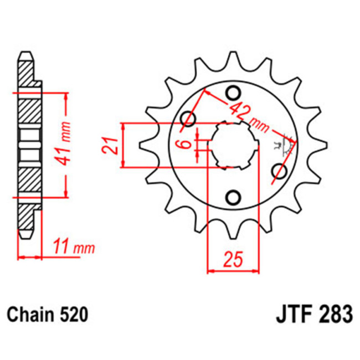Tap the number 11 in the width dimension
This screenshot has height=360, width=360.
[62, 246]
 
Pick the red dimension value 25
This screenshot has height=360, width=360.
[233, 259]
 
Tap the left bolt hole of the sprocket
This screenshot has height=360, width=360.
[189, 119]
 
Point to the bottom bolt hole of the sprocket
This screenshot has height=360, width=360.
[233, 197]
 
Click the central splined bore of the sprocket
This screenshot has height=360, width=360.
[235, 145]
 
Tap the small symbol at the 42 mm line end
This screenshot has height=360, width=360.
[288, 142]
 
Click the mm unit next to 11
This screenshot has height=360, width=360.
[84, 247]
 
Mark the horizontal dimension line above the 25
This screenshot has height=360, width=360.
[233, 271]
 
